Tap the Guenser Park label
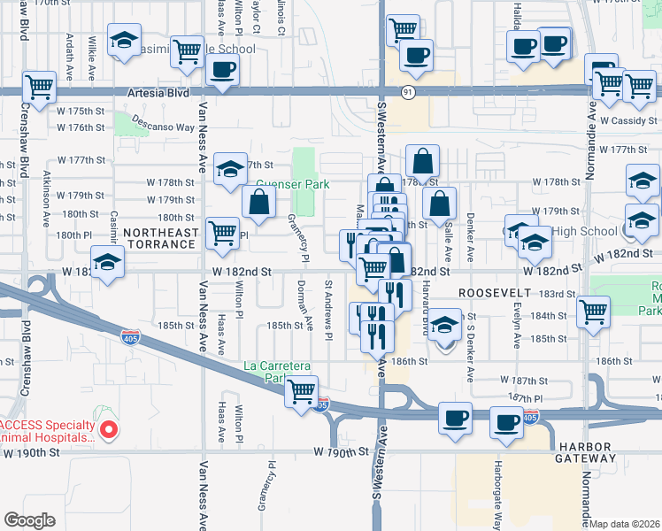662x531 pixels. pyautogui.click(x=292, y=185)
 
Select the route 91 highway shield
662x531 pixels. pyautogui.click(x=408, y=91)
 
